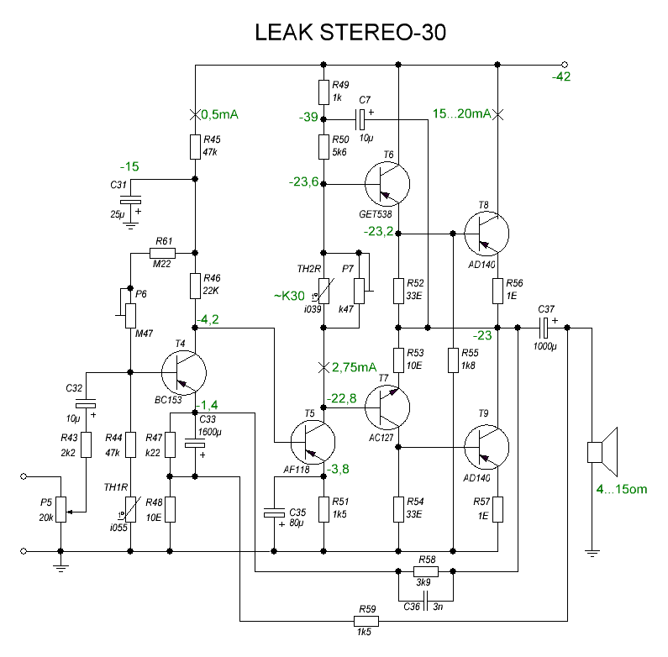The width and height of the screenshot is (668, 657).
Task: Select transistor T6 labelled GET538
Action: click(x=387, y=183)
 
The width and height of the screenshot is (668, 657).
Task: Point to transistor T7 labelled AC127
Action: click(x=387, y=407)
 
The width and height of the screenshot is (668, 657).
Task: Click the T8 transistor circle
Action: click(x=487, y=233)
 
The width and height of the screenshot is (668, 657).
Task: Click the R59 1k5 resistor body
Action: click(x=367, y=621)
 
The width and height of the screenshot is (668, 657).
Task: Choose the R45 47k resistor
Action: click(x=195, y=147)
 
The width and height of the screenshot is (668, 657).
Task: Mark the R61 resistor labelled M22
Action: click(x=162, y=253)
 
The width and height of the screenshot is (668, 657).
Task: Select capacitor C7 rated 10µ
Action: click(x=364, y=117)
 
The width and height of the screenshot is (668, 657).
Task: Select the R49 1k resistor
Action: click(x=323, y=91)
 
